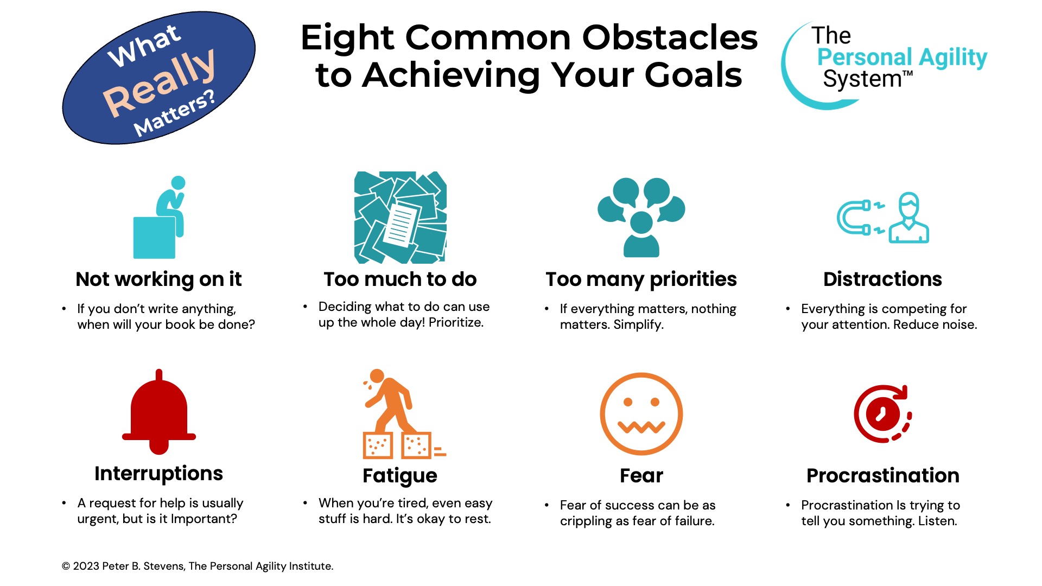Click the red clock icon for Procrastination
883,414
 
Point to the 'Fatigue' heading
400,476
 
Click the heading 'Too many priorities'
641,279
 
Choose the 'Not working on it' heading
158,279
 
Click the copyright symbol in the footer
66,566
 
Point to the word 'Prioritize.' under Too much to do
456,323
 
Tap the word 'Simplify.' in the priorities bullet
638,325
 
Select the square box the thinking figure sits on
154,238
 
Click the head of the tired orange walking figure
377,375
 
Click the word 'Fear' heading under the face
641,476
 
